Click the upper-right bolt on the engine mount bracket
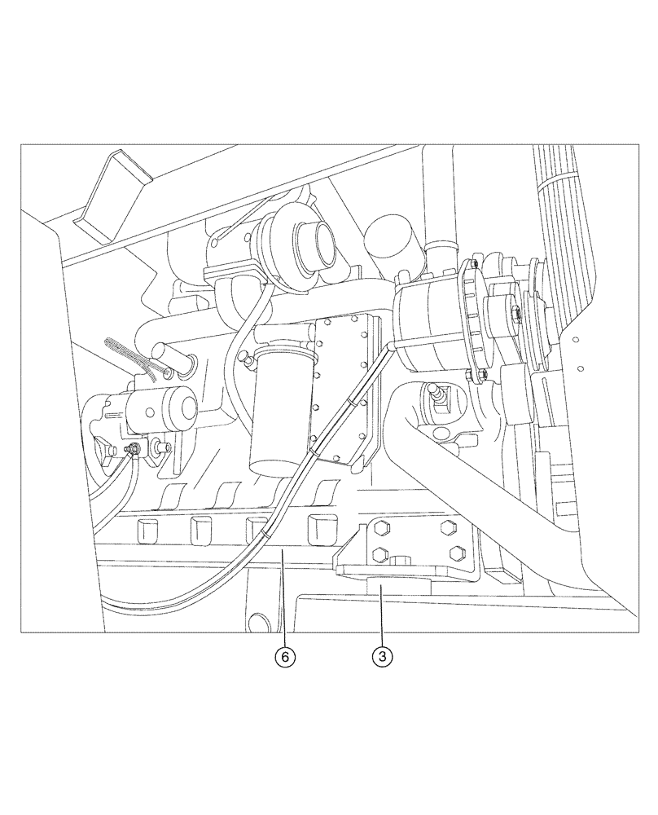tap(445, 527)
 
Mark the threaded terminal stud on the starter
tap(131, 448)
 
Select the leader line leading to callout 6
tap(283, 603)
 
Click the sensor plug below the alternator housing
tap(437, 397)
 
